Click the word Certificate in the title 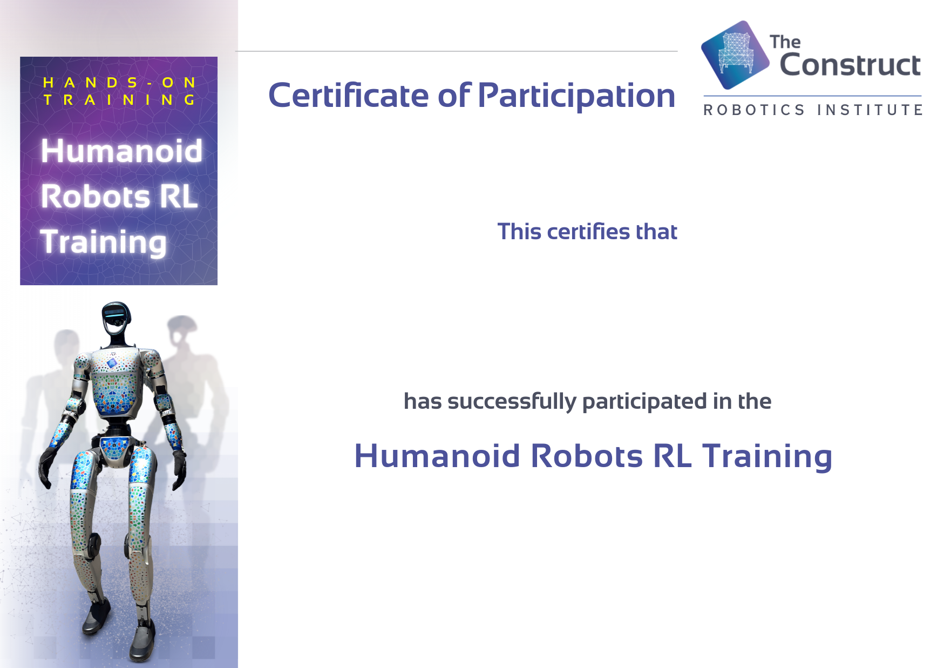(349, 95)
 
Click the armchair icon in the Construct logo (735, 55)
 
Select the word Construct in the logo (850, 65)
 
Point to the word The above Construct (785, 42)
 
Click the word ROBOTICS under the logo (754, 110)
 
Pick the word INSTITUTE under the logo (870, 110)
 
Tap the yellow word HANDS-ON (119, 83)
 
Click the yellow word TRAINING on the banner (119, 100)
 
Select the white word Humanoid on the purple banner (121, 151)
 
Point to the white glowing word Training (104, 242)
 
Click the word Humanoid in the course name (437, 456)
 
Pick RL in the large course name (672, 456)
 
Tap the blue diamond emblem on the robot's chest (112, 363)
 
